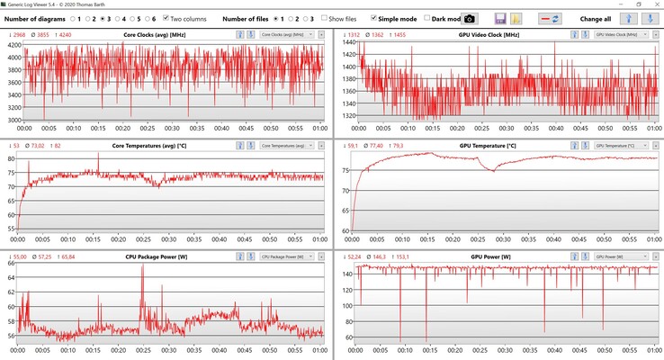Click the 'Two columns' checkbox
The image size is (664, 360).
tap(166, 18)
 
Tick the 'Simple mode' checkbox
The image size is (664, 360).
tap(373, 18)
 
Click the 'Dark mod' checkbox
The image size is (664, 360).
tap(428, 18)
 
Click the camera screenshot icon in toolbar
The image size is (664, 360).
tap(469, 18)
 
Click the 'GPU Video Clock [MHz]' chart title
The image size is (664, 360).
tap(490, 34)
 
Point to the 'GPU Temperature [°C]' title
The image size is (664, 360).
tap(488, 145)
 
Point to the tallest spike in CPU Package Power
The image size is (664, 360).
tap(142, 267)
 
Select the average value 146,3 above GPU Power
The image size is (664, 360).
tap(378, 256)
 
